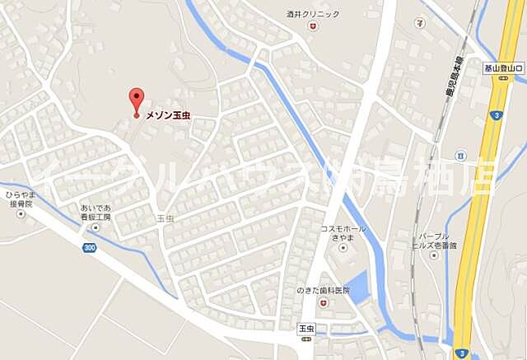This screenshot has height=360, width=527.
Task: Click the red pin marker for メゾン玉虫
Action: pyautogui.click(x=137, y=100)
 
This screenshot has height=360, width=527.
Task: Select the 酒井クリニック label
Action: pyautogui.click(x=313, y=14)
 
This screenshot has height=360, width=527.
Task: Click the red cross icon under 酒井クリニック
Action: pyautogui.click(x=313, y=26)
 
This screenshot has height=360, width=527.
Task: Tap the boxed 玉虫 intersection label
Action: pyautogui.click(x=308, y=328)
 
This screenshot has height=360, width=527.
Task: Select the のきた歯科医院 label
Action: pyautogui.click(x=322, y=291)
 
